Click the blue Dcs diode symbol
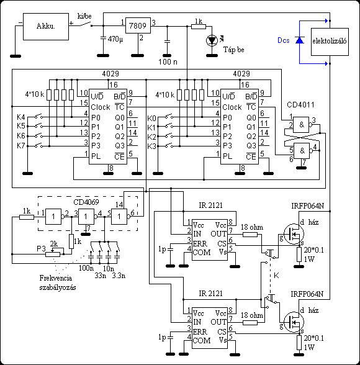coord(300,40)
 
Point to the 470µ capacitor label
coord(115,39)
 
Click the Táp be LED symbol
coord(212,40)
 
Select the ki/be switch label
coord(84,16)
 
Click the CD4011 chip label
coord(300,105)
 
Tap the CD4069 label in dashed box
coord(86,202)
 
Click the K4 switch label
coord(21,117)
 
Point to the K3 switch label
coord(151,146)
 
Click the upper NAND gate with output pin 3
coord(302,125)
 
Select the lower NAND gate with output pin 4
coord(302,151)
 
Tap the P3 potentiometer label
coord(41,249)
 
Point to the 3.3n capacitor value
coord(119,276)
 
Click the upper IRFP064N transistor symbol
coord(294,233)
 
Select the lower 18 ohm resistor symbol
coord(250,323)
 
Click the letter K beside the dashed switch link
coord(276,276)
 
